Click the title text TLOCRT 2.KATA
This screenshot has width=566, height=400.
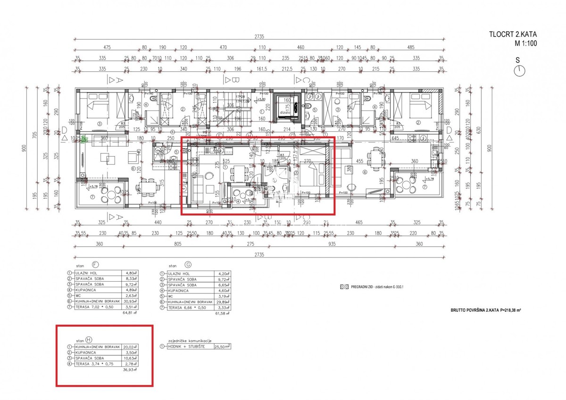click(513, 34)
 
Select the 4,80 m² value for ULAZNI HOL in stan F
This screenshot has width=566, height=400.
click(130, 273)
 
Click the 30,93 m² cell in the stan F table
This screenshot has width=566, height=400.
click(130, 301)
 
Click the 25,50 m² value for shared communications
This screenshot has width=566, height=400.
click(222, 346)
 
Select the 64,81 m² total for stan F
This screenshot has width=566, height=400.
click(129, 313)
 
